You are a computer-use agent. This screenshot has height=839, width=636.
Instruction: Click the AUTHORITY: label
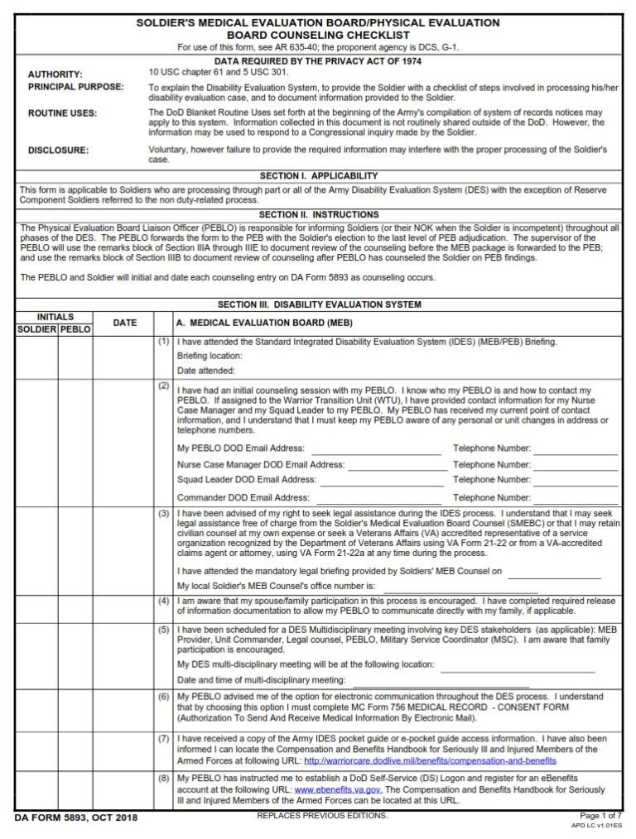point(55,74)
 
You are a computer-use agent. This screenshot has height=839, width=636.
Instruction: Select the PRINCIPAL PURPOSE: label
point(76,87)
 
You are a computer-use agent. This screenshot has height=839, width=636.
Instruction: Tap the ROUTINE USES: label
point(62,113)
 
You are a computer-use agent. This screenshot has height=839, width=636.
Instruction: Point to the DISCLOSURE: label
point(59,151)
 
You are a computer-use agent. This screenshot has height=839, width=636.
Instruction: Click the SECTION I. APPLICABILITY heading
point(319,176)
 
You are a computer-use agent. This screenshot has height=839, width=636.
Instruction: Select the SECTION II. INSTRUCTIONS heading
point(319,215)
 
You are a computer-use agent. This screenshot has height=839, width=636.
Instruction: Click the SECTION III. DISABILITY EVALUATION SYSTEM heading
point(319,304)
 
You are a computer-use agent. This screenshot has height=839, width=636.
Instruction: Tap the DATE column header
point(124,323)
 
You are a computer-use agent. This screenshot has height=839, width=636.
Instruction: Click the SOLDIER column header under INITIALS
point(36,329)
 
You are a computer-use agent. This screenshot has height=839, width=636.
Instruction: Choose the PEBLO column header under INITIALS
point(75,329)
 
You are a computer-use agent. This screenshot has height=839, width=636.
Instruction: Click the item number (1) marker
point(163,341)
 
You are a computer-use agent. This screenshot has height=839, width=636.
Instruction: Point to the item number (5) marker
point(163,629)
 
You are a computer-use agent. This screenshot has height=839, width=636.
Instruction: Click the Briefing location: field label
point(210,356)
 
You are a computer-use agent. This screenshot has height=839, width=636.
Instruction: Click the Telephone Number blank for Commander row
point(576,498)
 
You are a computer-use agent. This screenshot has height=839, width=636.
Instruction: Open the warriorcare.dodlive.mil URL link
point(430,760)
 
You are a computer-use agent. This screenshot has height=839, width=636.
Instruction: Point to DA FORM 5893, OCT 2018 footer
point(76,818)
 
